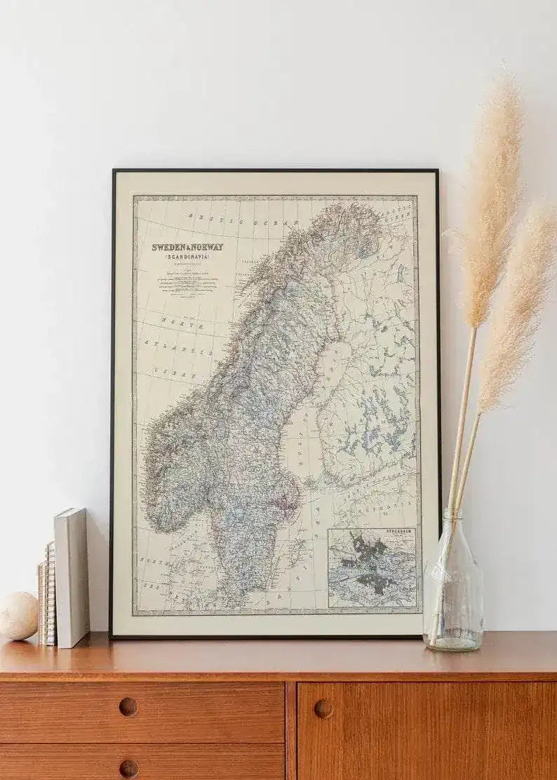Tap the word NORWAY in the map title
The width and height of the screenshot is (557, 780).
click(207, 247)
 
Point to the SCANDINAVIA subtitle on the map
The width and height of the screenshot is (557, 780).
click(188, 257)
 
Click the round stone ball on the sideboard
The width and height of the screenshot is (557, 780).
click(18, 615)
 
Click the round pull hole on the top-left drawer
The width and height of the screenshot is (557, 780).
click(128, 706)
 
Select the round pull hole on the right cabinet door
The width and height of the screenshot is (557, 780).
click(323, 708)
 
